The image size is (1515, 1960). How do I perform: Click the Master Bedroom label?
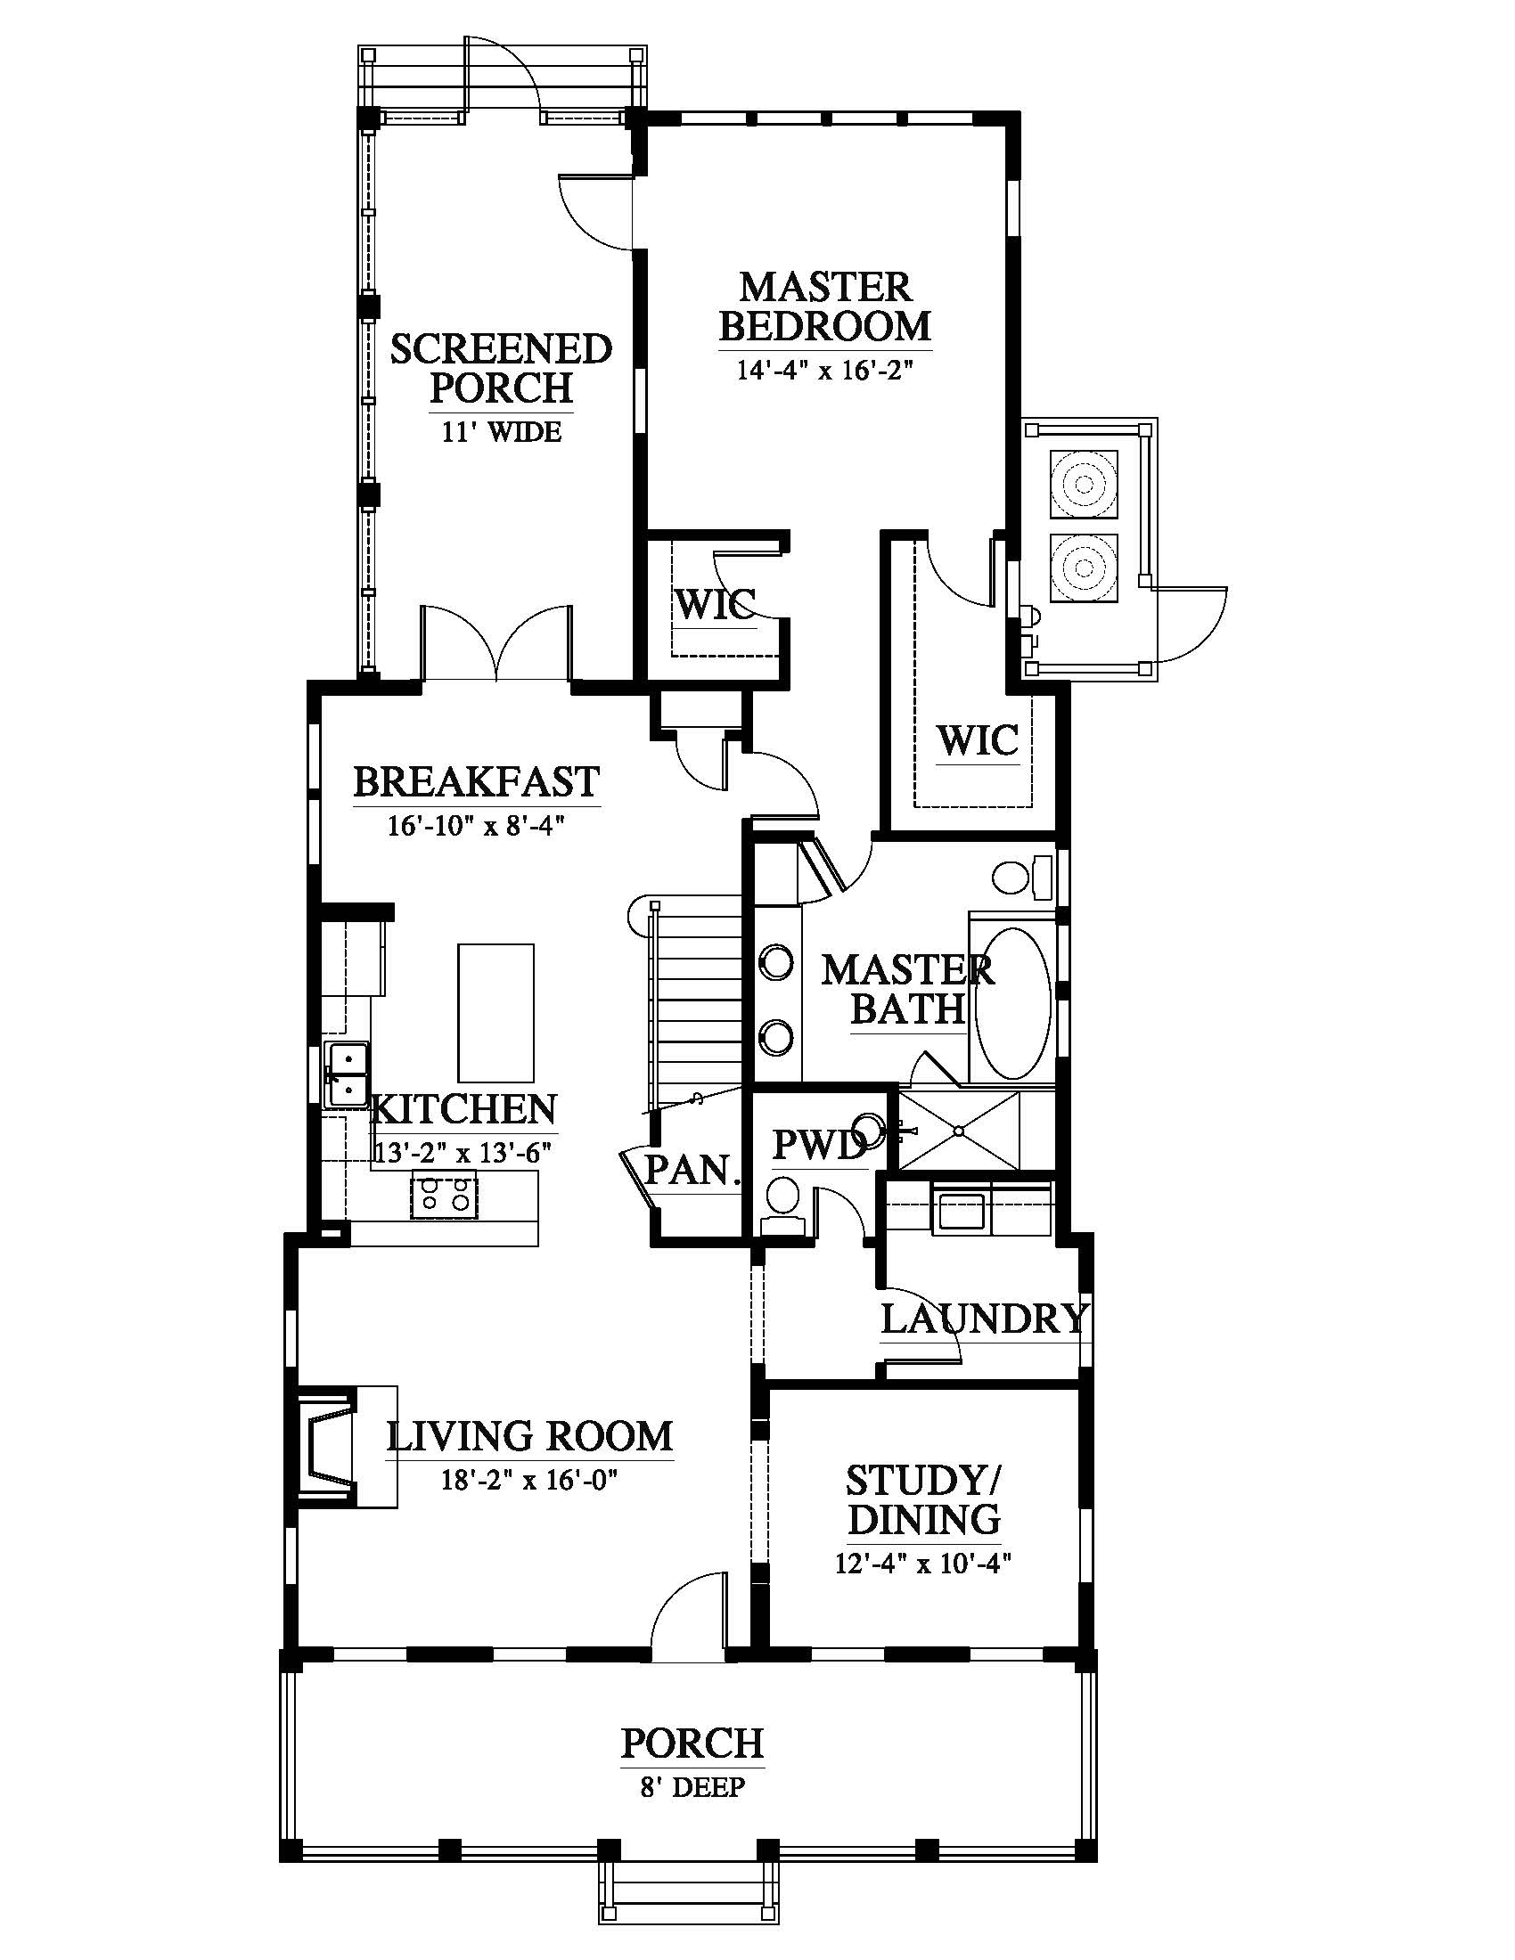[825, 307]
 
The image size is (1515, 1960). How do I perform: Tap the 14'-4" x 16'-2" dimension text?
[825, 370]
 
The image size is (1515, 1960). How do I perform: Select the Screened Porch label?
[501, 368]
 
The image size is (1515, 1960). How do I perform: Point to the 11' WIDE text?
[501, 432]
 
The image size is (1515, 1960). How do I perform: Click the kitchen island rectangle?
[495, 1012]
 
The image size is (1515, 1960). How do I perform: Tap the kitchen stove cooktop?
[444, 1195]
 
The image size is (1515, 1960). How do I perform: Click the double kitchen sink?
[347, 1074]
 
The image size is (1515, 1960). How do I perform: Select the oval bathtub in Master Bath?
[1012, 1008]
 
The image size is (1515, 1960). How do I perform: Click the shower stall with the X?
[959, 1130]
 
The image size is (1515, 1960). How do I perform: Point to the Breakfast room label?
[476, 781]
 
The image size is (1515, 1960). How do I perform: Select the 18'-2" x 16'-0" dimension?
[529, 1480]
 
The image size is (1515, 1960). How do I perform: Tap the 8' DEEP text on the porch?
[692, 1789]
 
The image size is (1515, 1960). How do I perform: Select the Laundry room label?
[985, 1319]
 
